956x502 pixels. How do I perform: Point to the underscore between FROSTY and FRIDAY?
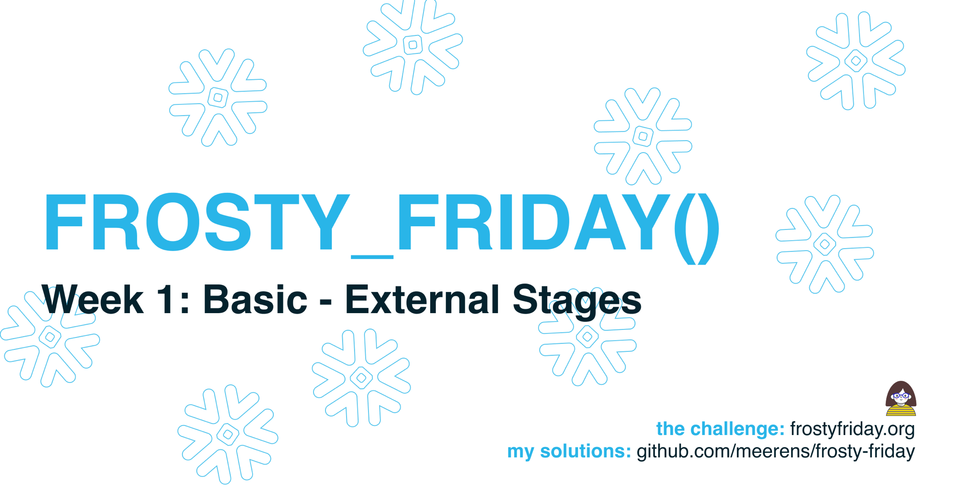coord(372,257)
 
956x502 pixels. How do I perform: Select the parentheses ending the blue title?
coord(697,228)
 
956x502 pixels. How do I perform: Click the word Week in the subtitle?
coord(92,299)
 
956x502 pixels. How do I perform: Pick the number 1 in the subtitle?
coord(165,300)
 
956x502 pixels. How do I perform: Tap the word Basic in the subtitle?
coord(255,299)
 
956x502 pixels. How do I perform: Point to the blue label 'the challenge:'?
coord(720,429)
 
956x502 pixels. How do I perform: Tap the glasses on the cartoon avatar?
coord(901,396)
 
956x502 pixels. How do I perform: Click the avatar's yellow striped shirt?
coord(901,410)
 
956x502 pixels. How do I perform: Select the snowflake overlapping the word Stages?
coord(587,337)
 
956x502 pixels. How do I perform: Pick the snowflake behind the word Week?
coord(50,337)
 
